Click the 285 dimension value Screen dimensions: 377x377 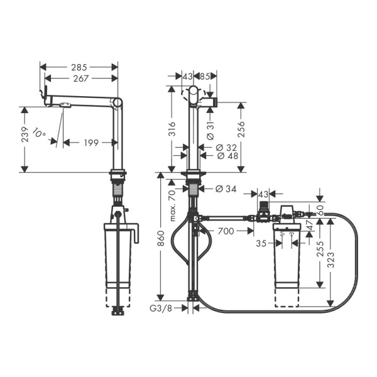tap(79, 67)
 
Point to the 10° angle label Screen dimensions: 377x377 tap(40, 134)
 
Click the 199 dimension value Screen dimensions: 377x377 tap(92, 143)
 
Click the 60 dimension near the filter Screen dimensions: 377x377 tap(321, 209)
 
